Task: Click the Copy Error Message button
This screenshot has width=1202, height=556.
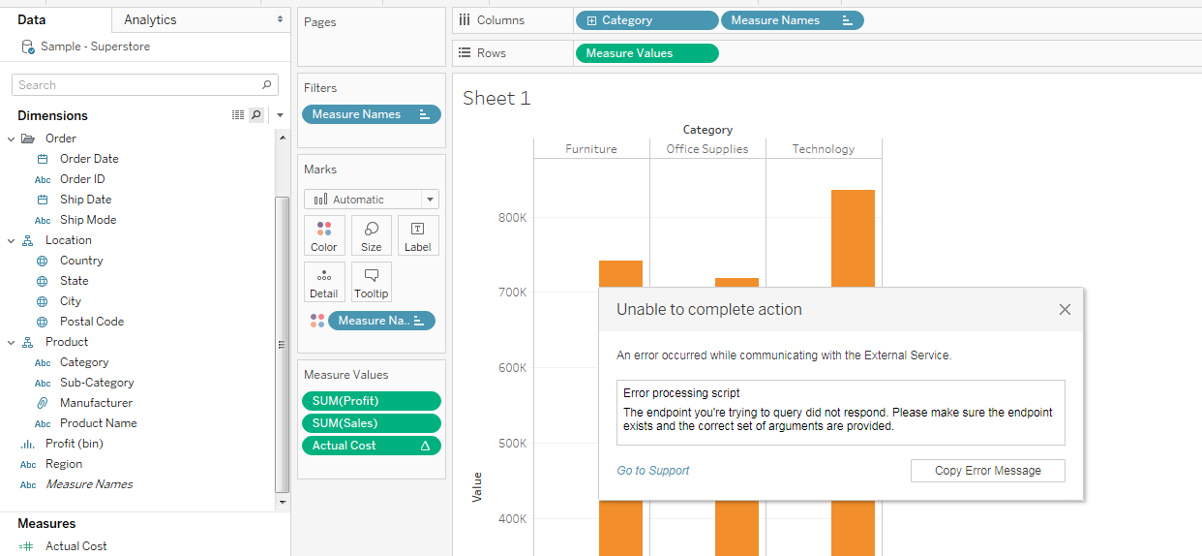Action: tap(987, 471)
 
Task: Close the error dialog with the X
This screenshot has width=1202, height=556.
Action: tap(1065, 310)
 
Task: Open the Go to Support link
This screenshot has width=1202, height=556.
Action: tap(653, 471)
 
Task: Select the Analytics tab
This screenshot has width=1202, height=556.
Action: tap(150, 19)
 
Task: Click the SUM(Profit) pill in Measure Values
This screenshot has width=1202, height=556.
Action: tap(371, 401)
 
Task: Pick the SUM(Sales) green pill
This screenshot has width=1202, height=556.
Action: tap(371, 423)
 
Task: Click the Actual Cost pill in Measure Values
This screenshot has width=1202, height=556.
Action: tap(371, 446)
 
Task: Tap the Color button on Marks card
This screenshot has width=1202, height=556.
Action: tap(324, 235)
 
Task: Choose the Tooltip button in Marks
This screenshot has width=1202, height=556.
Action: tap(371, 282)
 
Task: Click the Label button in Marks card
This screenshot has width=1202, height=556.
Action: tap(417, 235)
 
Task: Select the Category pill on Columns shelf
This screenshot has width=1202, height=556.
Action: tap(646, 20)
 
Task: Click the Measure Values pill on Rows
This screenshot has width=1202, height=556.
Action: tap(646, 53)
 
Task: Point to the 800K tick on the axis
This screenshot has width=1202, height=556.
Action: tap(512, 218)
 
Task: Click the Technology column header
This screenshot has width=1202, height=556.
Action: tap(823, 149)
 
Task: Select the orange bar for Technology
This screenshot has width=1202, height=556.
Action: tap(852, 242)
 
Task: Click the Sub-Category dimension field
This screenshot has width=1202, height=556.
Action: tap(97, 383)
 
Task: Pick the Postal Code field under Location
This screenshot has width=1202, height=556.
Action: tap(91, 322)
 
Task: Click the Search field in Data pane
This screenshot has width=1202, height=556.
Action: tap(135, 85)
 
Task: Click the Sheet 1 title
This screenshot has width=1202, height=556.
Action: tap(496, 98)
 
